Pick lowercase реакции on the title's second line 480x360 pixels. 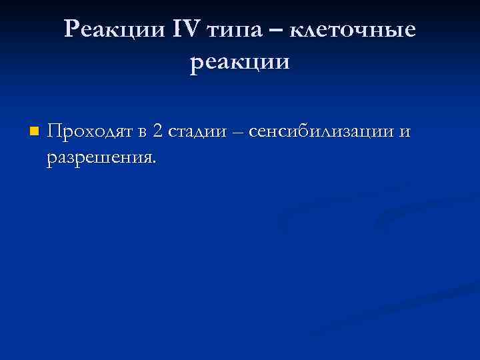pyautogui.click(x=240, y=63)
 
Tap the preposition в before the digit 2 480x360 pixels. pyautogui.click(x=143, y=133)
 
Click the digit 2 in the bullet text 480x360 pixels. pyautogui.click(x=157, y=131)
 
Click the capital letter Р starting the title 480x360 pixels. pyautogui.click(x=72, y=29)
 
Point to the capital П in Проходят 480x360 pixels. pyautogui.click(x=53, y=131)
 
